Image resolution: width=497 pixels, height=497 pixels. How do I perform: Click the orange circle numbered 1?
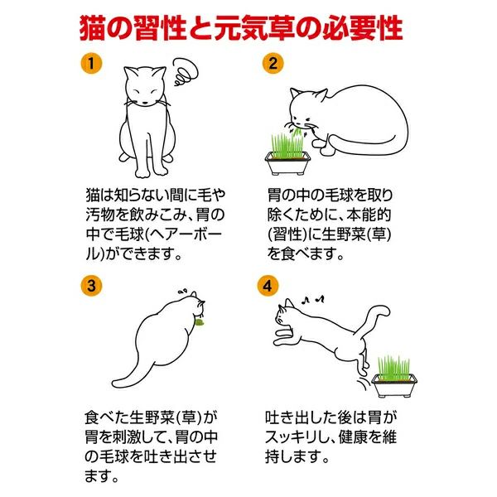[x=91, y=64]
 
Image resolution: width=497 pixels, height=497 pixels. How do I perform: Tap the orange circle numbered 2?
[x=273, y=64]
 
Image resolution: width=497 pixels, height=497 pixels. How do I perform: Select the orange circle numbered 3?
[x=91, y=286]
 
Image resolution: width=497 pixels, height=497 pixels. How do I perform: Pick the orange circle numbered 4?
[x=268, y=286]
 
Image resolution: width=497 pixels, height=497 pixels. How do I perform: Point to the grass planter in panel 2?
[x=287, y=155]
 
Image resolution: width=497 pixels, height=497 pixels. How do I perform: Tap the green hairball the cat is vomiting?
[x=200, y=323]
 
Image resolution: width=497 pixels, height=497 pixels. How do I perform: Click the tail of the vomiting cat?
[x=133, y=375]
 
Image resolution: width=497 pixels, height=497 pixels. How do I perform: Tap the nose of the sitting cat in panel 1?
[x=144, y=103]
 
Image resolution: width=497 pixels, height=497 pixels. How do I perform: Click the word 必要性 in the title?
[x=363, y=28]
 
